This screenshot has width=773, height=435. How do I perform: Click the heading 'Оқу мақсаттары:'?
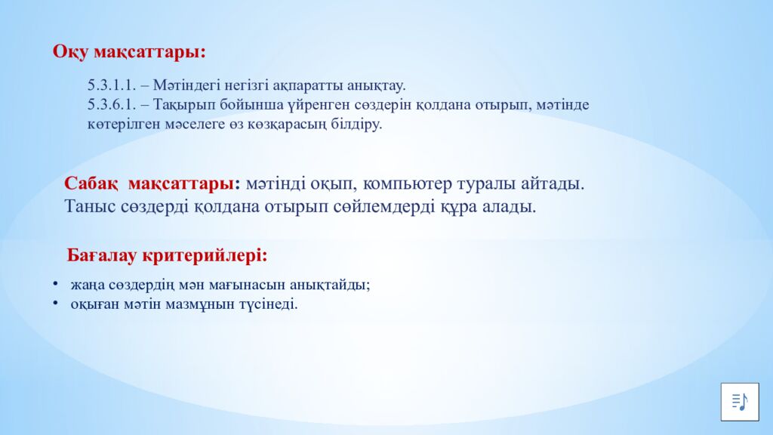coord(129,52)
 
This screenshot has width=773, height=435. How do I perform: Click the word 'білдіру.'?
coord(356,125)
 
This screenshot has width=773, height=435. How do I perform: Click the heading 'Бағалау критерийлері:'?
coord(167,255)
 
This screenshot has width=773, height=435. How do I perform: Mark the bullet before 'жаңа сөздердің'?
coord(55,285)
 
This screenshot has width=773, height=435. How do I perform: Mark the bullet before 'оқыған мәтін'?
coord(55,304)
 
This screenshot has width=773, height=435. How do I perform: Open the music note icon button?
coord(738,402)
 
